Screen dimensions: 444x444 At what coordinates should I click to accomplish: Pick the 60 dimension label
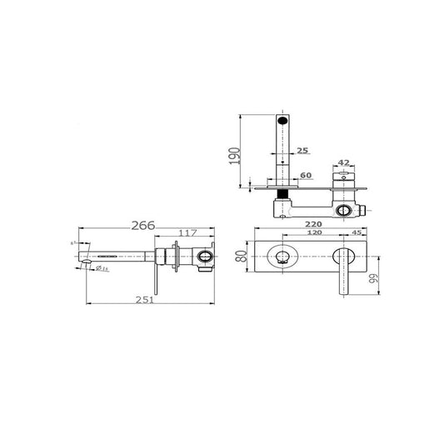tap(306, 177)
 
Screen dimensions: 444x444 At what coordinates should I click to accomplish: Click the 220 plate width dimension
tap(313, 224)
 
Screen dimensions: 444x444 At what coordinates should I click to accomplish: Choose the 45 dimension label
tap(357, 233)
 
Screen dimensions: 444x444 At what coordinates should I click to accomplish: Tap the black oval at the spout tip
tap(283, 121)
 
